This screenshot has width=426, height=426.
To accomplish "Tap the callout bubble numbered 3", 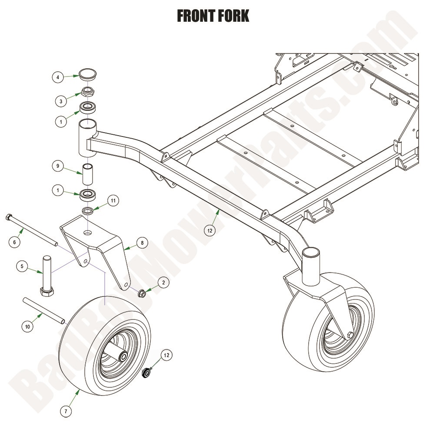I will [61, 101].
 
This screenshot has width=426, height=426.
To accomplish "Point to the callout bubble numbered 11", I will [113, 201].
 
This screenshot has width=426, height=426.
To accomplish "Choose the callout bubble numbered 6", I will [14, 241].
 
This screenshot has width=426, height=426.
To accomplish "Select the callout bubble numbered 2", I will [163, 283].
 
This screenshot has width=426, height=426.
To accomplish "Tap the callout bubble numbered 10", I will [28, 326].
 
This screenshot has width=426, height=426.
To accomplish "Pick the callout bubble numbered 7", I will [65, 410].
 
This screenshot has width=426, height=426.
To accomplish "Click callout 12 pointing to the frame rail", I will [210, 231].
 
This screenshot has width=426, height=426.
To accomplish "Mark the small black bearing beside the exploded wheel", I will [148, 373].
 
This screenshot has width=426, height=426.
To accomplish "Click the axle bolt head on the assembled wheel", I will [349, 335].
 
